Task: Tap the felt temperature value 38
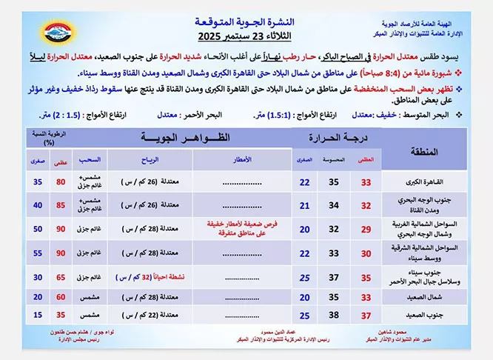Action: click(335, 315)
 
